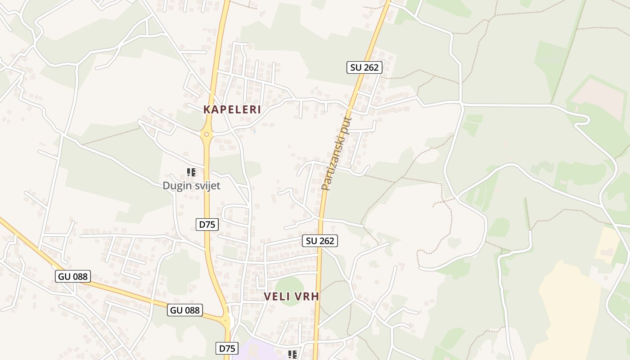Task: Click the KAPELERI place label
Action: (232, 109)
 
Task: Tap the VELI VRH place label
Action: (291, 296)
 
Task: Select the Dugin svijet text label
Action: (191, 185)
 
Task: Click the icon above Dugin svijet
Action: (191, 172)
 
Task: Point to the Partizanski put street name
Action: (336, 153)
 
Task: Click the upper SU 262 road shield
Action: (364, 67)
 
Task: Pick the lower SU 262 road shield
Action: (320, 241)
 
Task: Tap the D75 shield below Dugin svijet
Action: (207, 225)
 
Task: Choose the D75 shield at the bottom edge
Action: (227, 348)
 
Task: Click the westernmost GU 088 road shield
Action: (73, 276)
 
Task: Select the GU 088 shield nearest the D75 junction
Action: (185, 310)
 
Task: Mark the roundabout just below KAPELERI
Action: (207, 134)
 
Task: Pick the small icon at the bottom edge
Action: (292, 355)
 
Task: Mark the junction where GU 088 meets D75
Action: (226, 320)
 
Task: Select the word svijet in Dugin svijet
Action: (207, 185)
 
